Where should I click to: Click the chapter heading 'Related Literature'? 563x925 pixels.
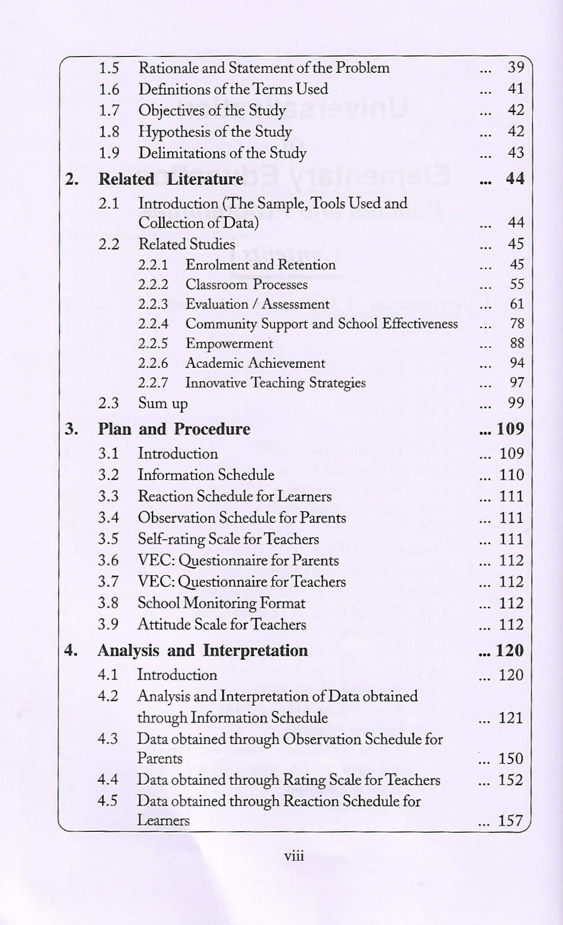click(170, 179)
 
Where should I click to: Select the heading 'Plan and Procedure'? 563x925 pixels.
click(174, 429)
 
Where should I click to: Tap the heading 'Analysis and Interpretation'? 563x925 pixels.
click(203, 650)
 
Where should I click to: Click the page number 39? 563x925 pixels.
click(516, 67)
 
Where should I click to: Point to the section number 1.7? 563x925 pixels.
click(109, 110)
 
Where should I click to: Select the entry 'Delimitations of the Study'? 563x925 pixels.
click(222, 153)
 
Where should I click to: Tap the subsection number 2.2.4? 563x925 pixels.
click(153, 324)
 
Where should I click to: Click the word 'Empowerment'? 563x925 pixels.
click(229, 344)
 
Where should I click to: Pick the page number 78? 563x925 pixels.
click(517, 324)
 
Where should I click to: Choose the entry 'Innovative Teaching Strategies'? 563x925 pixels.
click(275, 383)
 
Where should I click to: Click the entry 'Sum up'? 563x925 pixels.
click(163, 404)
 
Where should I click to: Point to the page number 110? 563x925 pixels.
click(511, 475)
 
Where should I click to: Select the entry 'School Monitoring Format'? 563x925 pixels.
click(221, 603)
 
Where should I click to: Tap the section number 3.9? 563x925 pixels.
click(108, 625)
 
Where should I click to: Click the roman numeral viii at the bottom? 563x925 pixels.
click(293, 856)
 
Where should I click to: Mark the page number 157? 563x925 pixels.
click(510, 820)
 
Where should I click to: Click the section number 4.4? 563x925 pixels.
click(108, 780)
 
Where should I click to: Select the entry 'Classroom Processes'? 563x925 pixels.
click(246, 285)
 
